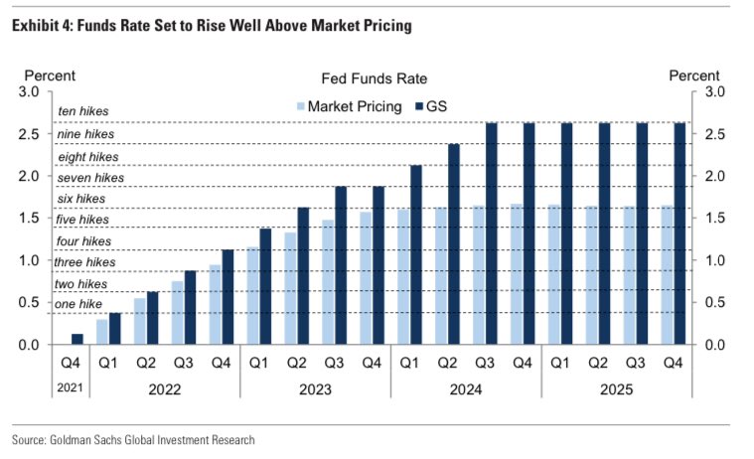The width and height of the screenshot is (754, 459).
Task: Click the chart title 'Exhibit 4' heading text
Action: [211, 26]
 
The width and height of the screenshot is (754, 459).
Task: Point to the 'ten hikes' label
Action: [83, 112]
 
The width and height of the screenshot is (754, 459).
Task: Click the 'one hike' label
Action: [77, 304]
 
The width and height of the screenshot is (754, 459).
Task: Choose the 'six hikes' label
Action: [82, 199]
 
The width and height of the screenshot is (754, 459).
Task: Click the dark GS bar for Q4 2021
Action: [78, 339]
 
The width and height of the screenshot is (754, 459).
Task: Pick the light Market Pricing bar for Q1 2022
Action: [102, 332]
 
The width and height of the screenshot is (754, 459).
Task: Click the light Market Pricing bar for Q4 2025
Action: [668, 275]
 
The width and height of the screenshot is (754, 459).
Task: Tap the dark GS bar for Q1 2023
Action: [265, 286]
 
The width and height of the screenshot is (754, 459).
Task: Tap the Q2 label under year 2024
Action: [447, 364]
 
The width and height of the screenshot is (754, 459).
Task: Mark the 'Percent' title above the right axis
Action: [694, 76]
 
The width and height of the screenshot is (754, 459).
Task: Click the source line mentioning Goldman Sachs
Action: [133, 439]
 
